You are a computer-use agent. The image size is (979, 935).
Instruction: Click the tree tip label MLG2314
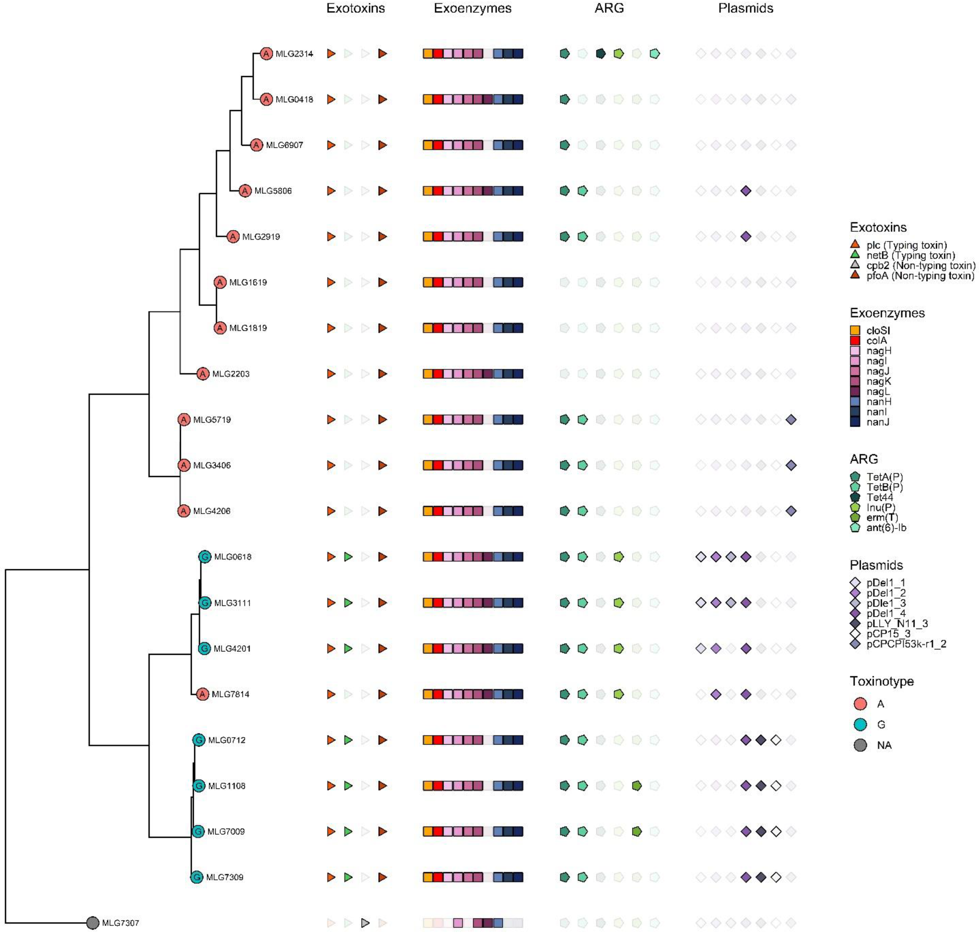[294, 54]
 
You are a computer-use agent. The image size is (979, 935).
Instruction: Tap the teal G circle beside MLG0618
[204, 557]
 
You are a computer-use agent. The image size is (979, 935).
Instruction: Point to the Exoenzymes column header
[472, 9]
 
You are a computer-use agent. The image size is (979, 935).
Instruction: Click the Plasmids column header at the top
[745, 9]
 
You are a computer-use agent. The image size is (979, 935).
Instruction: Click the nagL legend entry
[877, 392]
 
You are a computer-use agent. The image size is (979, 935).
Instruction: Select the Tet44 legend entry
[879, 497]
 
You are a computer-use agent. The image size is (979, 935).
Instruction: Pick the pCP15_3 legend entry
[888, 633]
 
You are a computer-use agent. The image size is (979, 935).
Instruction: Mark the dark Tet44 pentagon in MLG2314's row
[601, 54]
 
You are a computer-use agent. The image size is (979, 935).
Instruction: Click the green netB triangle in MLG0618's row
[348, 557]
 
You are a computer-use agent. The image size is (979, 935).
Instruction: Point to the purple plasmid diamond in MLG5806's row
[746, 191]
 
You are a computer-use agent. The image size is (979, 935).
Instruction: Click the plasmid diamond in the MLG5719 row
[791, 420]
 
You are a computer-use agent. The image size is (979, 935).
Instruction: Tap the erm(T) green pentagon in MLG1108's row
[637, 786]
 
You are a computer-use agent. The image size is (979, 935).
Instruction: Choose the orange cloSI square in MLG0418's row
[428, 99]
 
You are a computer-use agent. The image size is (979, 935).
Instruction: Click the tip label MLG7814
[230, 694]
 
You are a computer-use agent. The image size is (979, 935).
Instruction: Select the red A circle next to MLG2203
[202, 374]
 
